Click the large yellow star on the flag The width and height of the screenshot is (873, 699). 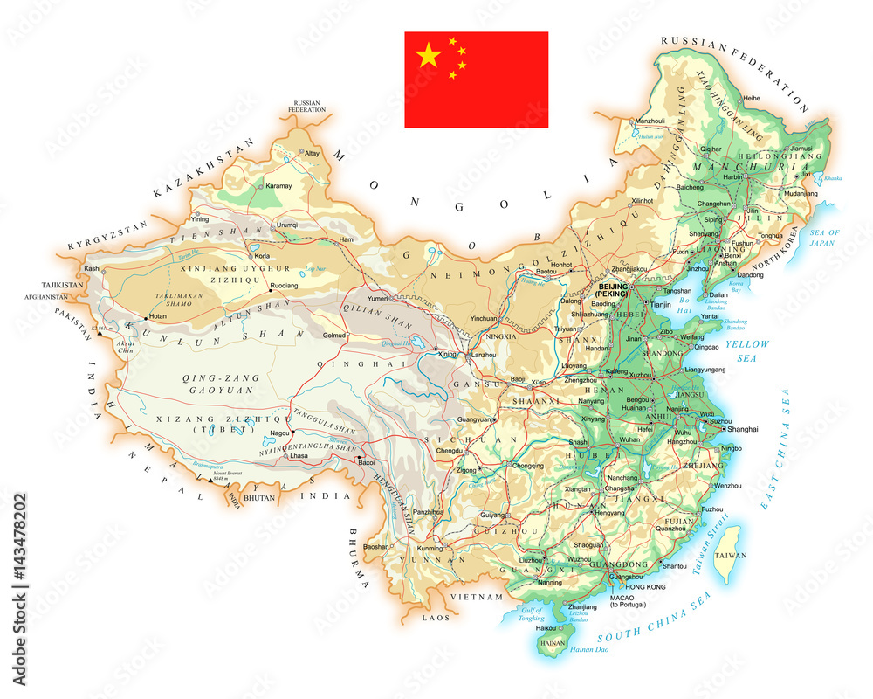pyautogui.click(x=429, y=57)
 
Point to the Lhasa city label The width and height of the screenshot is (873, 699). pyautogui.click(x=299, y=456)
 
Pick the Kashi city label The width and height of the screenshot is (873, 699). pyautogui.click(x=93, y=268)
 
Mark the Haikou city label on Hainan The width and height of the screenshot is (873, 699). pyautogui.click(x=546, y=627)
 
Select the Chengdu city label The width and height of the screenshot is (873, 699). pyautogui.click(x=449, y=451)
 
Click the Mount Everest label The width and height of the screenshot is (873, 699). pyautogui.click(x=214, y=473)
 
